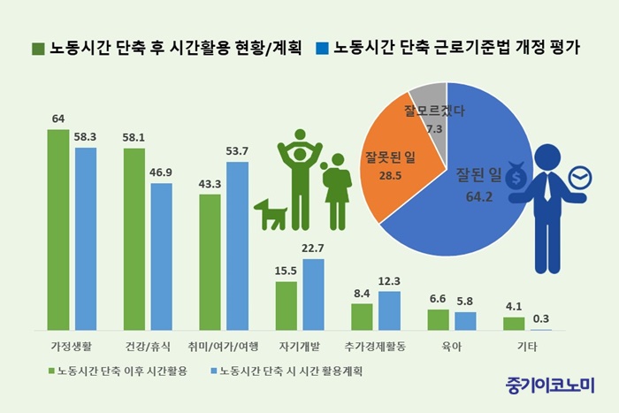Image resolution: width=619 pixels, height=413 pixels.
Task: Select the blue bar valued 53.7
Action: (x=238, y=246)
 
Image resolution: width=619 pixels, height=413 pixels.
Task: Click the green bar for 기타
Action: (x=514, y=324)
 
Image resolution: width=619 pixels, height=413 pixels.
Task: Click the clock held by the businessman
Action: (x=580, y=180)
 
